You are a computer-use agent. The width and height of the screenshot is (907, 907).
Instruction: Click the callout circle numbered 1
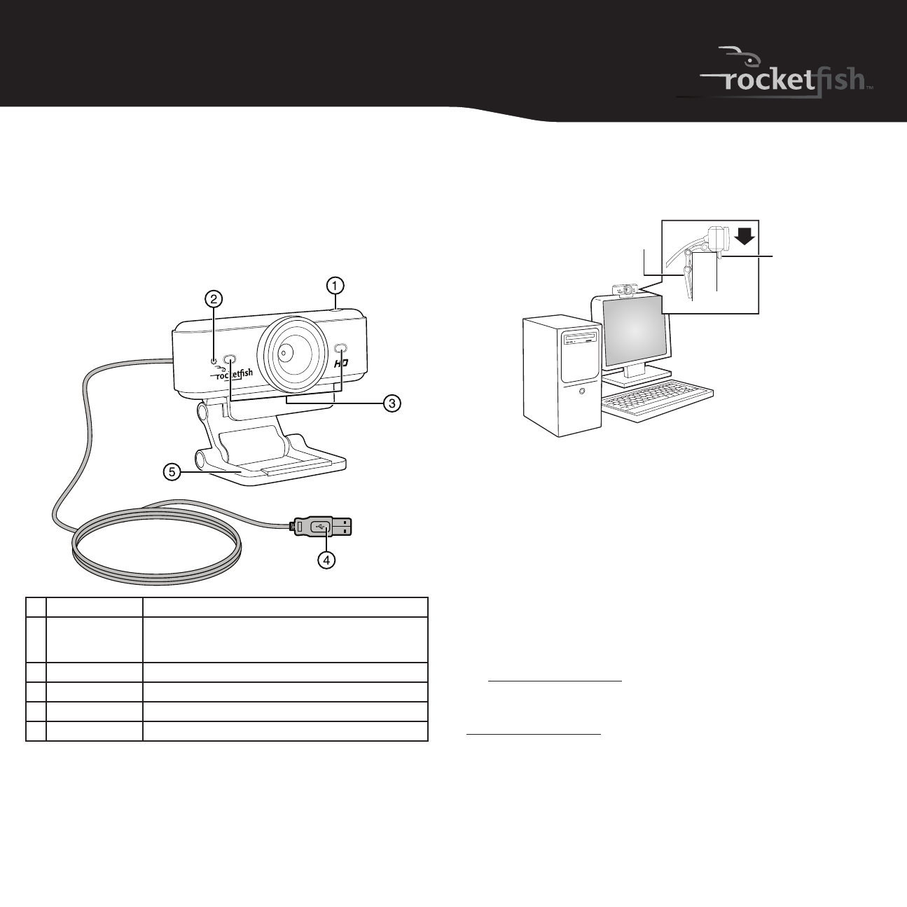click(335, 286)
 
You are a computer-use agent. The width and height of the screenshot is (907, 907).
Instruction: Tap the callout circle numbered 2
click(213, 299)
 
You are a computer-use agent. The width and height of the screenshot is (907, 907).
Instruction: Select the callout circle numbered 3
click(392, 403)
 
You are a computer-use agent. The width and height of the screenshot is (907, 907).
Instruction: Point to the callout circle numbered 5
click(172, 471)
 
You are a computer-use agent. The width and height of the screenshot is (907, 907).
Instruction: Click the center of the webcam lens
click(285, 352)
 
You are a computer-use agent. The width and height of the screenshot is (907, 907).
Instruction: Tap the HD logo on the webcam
click(341, 364)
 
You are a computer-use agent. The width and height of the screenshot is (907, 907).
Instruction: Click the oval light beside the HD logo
click(340, 348)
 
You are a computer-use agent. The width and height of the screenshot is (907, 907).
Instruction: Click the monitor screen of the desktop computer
click(635, 331)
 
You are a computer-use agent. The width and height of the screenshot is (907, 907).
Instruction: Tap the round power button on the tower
click(582, 391)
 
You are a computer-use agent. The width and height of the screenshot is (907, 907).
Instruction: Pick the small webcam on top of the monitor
click(625, 291)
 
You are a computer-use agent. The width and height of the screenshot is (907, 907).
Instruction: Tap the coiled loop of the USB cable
click(157, 546)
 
